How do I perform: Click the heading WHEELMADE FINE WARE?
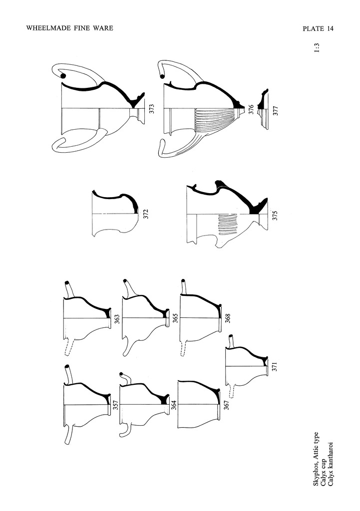70,28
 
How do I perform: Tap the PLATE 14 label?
318,28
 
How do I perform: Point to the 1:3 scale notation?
317,48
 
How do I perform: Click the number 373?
152,109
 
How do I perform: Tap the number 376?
251,109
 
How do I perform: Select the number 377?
276,111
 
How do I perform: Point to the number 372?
146,214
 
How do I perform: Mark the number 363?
117,319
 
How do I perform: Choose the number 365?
175,318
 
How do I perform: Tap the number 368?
228,318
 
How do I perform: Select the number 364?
174,404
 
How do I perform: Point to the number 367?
227,405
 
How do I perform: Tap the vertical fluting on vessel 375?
228,225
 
